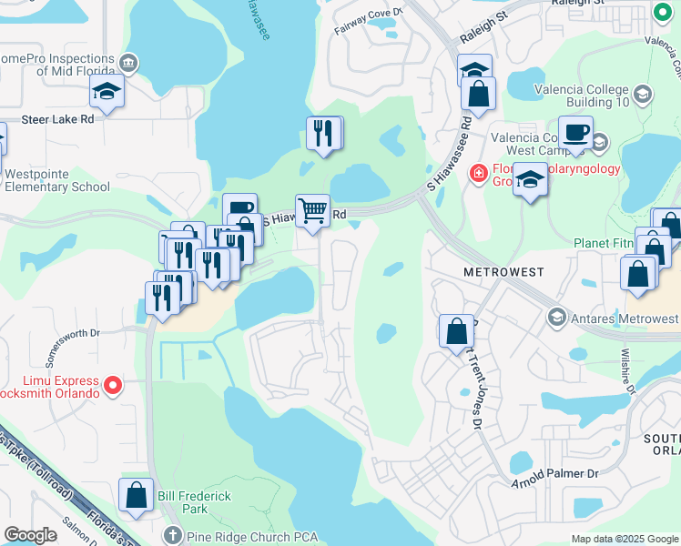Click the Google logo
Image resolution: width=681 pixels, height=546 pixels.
pyautogui.click(x=31, y=535)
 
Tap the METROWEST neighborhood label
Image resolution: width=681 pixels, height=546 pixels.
pyautogui.click(x=503, y=272)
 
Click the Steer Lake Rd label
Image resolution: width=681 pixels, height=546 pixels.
pyautogui.click(x=57, y=118)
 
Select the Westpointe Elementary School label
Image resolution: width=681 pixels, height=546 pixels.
pyautogui.click(x=56, y=180)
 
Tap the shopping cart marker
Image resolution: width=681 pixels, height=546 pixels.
pyautogui.click(x=312, y=211)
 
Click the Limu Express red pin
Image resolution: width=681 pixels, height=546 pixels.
pyautogui.click(x=113, y=386)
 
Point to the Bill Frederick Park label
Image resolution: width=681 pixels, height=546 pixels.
pyautogui.click(x=194, y=502)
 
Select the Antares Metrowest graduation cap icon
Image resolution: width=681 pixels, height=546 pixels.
pyautogui.click(x=555, y=318)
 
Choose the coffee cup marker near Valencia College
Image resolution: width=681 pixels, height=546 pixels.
pyautogui.click(x=574, y=133)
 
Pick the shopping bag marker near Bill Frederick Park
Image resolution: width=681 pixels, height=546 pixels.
pyautogui.click(x=136, y=497)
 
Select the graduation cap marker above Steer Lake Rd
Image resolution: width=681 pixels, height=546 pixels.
pyautogui.click(x=107, y=91)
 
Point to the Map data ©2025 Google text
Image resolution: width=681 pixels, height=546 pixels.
pyautogui.click(x=623, y=539)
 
